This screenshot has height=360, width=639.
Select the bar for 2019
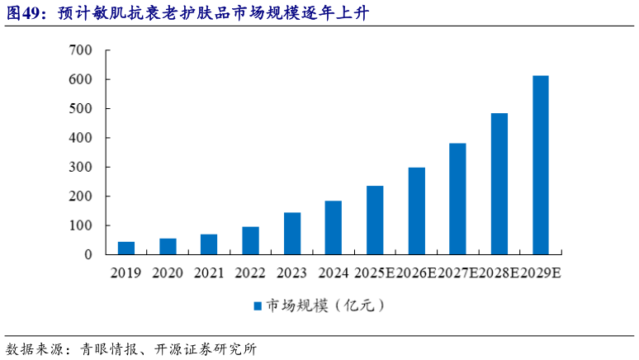click(x=126, y=248)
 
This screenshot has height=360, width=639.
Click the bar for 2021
click(x=209, y=244)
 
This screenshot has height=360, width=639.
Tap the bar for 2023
click(x=291, y=234)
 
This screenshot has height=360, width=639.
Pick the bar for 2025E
click(x=375, y=220)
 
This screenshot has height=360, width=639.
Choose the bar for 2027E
click(x=457, y=199)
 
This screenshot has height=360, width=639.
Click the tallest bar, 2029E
click(x=541, y=165)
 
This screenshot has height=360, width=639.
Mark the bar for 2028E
click(x=499, y=183)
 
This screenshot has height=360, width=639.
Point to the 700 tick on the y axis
click(x=81, y=50)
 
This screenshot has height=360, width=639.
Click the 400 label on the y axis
click(x=81, y=138)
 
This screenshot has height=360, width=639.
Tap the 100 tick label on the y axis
click(x=81, y=225)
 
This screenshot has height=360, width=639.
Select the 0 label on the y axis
click(x=88, y=255)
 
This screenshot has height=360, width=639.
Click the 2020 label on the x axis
click(x=168, y=272)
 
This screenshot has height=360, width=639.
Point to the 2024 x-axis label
click(x=333, y=272)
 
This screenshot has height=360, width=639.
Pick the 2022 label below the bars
click(x=250, y=272)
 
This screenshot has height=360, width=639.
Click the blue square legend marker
click(x=258, y=306)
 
